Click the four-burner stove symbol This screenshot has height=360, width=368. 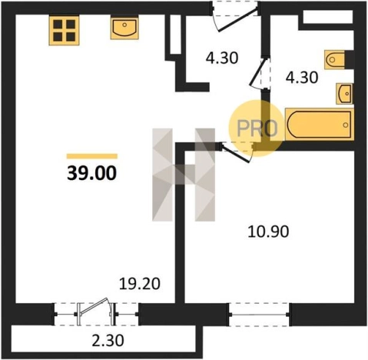coord(64,30)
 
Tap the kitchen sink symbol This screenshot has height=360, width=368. coord(124,27)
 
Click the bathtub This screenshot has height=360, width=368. coord(320,125)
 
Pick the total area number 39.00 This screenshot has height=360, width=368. coord(91,173)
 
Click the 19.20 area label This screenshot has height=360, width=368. coord(140,284)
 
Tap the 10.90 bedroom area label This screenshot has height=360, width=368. coord(268,232)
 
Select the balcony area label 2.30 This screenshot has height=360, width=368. coord(108,341)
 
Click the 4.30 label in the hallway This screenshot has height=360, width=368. coord(222,58)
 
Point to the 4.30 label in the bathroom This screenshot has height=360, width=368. coord(302,78)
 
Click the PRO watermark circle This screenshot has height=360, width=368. coord(257,128)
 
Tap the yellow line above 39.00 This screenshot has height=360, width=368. coord(92,156)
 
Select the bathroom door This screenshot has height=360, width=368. coord(259,73)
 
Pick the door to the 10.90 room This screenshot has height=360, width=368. coord(237,152)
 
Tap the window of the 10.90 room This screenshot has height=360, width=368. coord(260,315)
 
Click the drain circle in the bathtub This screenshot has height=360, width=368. coord(346,125)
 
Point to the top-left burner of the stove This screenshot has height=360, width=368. coord(58,24)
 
